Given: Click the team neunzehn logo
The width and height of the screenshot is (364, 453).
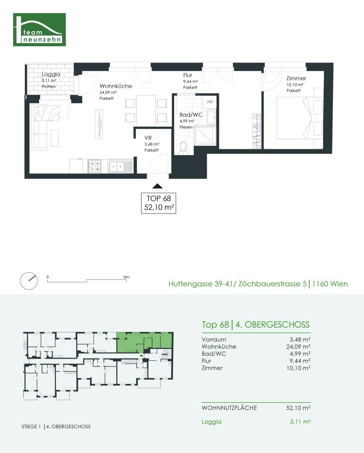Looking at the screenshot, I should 40,29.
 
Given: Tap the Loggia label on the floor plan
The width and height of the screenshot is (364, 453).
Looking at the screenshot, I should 51,74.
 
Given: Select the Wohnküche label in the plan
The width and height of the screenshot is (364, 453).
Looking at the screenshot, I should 116,86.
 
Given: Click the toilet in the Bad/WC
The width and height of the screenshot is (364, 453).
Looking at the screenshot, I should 183,146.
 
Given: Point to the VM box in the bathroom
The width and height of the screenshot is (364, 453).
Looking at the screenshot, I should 209,102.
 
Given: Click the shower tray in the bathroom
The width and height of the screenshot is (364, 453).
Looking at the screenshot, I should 206,135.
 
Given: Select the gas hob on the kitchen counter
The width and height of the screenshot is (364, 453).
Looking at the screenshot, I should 94,167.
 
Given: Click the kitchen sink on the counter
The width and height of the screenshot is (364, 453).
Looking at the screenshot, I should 120,167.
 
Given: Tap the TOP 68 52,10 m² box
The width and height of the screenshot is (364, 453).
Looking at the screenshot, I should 158,203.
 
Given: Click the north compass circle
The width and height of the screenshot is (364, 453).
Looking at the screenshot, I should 29,281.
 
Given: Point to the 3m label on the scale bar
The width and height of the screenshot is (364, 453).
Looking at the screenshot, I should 126,277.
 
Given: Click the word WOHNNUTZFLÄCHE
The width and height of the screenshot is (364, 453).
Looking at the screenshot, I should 229,408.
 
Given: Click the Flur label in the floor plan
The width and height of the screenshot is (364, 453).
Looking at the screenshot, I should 187,75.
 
